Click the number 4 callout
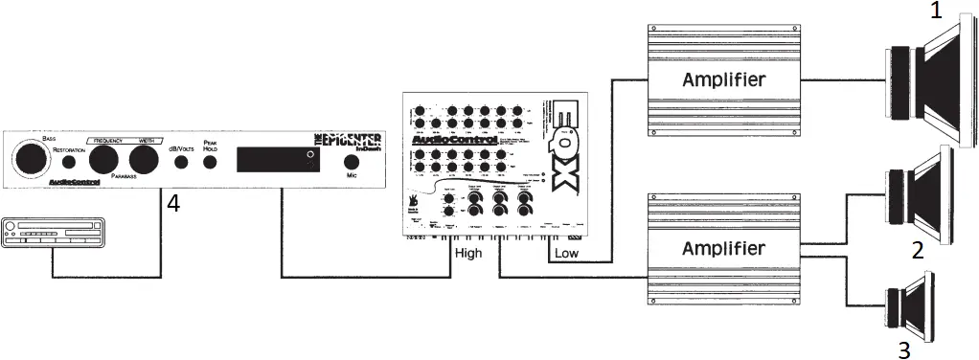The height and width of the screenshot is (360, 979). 172,203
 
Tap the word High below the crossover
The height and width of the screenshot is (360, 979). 468,253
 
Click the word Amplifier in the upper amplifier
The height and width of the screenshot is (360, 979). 723,79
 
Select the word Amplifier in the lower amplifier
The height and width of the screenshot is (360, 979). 723,249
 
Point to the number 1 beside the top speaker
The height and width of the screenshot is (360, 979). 936,12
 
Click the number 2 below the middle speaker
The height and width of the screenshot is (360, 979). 917,251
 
